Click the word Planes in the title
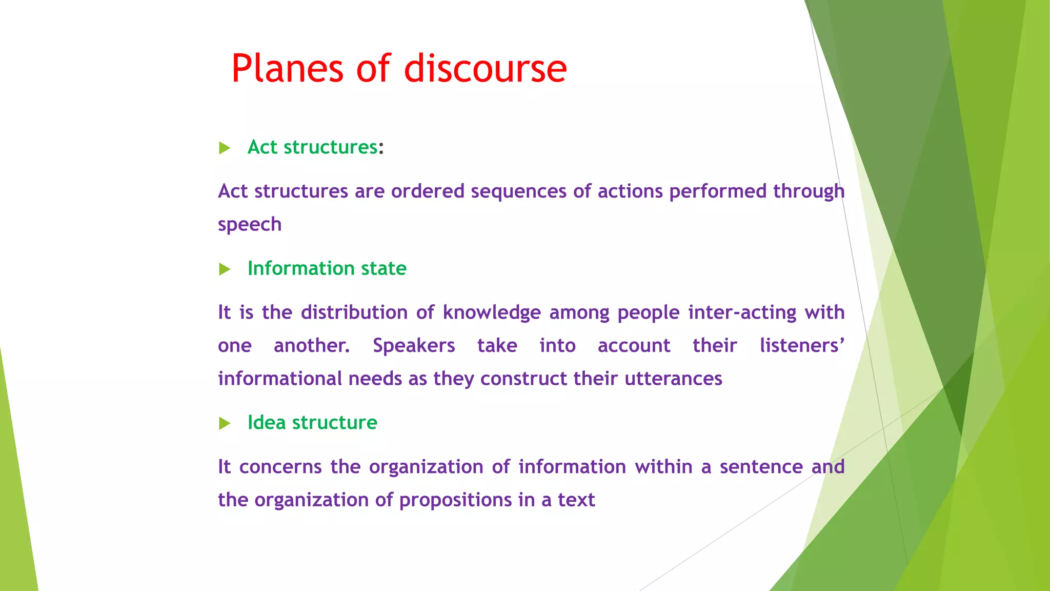tap(287, 69)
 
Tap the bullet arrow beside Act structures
tap(225, 148)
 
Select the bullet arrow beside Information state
tap(225, 269)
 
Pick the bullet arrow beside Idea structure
tap(225, 423)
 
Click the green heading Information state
tap(327, 268)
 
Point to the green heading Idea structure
tap(312, 422)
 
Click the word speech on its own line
tap(250, 225)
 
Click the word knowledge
tap(492, 312)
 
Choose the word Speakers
tap(414, 345)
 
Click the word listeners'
tap(801, 345)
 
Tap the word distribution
tap(354, 312)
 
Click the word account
tap(634, 346)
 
